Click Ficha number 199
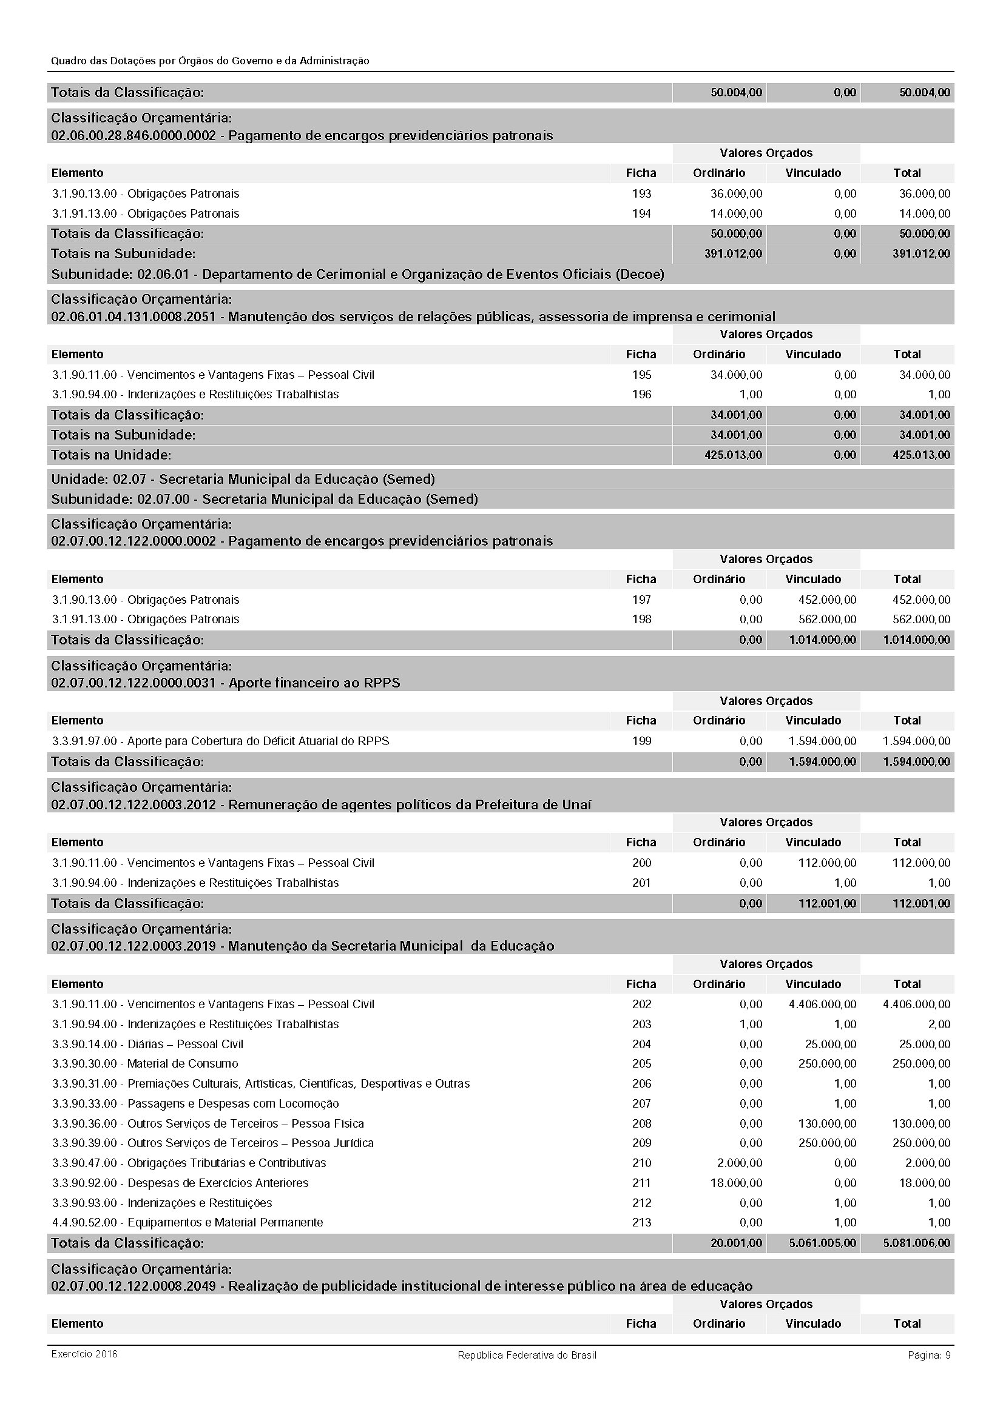point(641,740)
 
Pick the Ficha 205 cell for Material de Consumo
point(641,1063)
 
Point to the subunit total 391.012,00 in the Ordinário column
point(733,253)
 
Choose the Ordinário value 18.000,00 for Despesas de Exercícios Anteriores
point(736,1182)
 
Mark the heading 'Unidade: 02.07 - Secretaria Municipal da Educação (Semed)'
point(243,480)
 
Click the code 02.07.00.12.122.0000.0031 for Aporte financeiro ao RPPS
point(133,683)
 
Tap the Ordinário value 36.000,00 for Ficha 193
point(736,193)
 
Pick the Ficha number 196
point(641,394)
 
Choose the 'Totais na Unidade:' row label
point(111,455)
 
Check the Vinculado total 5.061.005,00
point(822,1242)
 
